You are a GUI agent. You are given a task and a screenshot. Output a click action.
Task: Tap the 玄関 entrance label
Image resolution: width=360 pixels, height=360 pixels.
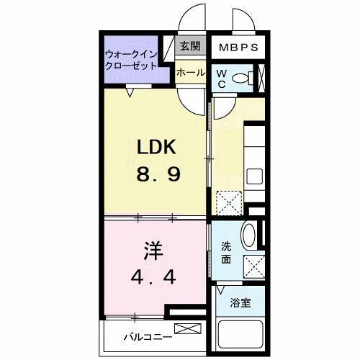(x=190, y=48)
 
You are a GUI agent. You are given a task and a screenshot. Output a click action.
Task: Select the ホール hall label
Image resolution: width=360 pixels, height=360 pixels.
(x=190, y=73)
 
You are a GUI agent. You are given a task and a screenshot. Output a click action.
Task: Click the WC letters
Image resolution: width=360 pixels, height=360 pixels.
(x=222, y=78)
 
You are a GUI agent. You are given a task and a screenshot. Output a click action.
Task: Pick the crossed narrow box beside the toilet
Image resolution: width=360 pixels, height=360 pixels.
(x=262, y=76)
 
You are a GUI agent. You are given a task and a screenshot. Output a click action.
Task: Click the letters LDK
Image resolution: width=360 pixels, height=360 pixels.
(x=156, y=147)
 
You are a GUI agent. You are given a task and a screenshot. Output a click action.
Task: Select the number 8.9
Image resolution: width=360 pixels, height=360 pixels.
(x=156, y=174)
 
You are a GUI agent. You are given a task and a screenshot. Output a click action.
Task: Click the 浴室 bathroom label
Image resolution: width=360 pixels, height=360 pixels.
(x=240, y=303)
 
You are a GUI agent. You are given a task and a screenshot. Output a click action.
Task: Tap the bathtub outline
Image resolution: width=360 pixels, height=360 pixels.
(x=241, y=336)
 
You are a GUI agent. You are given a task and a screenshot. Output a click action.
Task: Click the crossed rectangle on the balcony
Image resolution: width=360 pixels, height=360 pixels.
(x=185, y=330)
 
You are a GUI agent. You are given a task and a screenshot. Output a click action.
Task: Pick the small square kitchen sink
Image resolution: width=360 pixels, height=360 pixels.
(x=254, y=176)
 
